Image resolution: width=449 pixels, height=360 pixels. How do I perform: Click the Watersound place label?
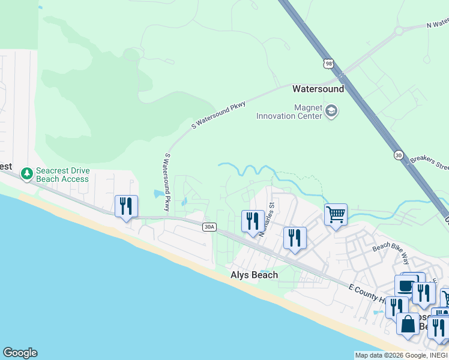(318, 89)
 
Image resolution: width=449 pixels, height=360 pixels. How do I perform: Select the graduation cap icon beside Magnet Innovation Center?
(331, 111)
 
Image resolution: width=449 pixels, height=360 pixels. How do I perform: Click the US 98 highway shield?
(328, 63)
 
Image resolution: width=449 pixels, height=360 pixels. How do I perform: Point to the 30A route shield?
(208, 227)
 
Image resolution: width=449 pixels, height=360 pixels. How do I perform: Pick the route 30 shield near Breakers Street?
(399, 155)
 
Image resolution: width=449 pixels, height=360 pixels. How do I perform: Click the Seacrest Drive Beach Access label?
(62, 175)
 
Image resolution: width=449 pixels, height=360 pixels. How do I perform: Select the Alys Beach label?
(255, 275)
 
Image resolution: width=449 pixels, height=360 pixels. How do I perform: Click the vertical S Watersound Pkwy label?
(167, 181)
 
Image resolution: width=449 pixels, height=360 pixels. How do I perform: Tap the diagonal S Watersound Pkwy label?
(218, 115)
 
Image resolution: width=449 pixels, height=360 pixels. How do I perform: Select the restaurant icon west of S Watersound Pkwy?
(126, 206)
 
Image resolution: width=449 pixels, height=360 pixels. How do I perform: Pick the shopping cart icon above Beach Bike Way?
(336, 214)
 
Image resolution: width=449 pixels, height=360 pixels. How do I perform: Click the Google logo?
(20, 353)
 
